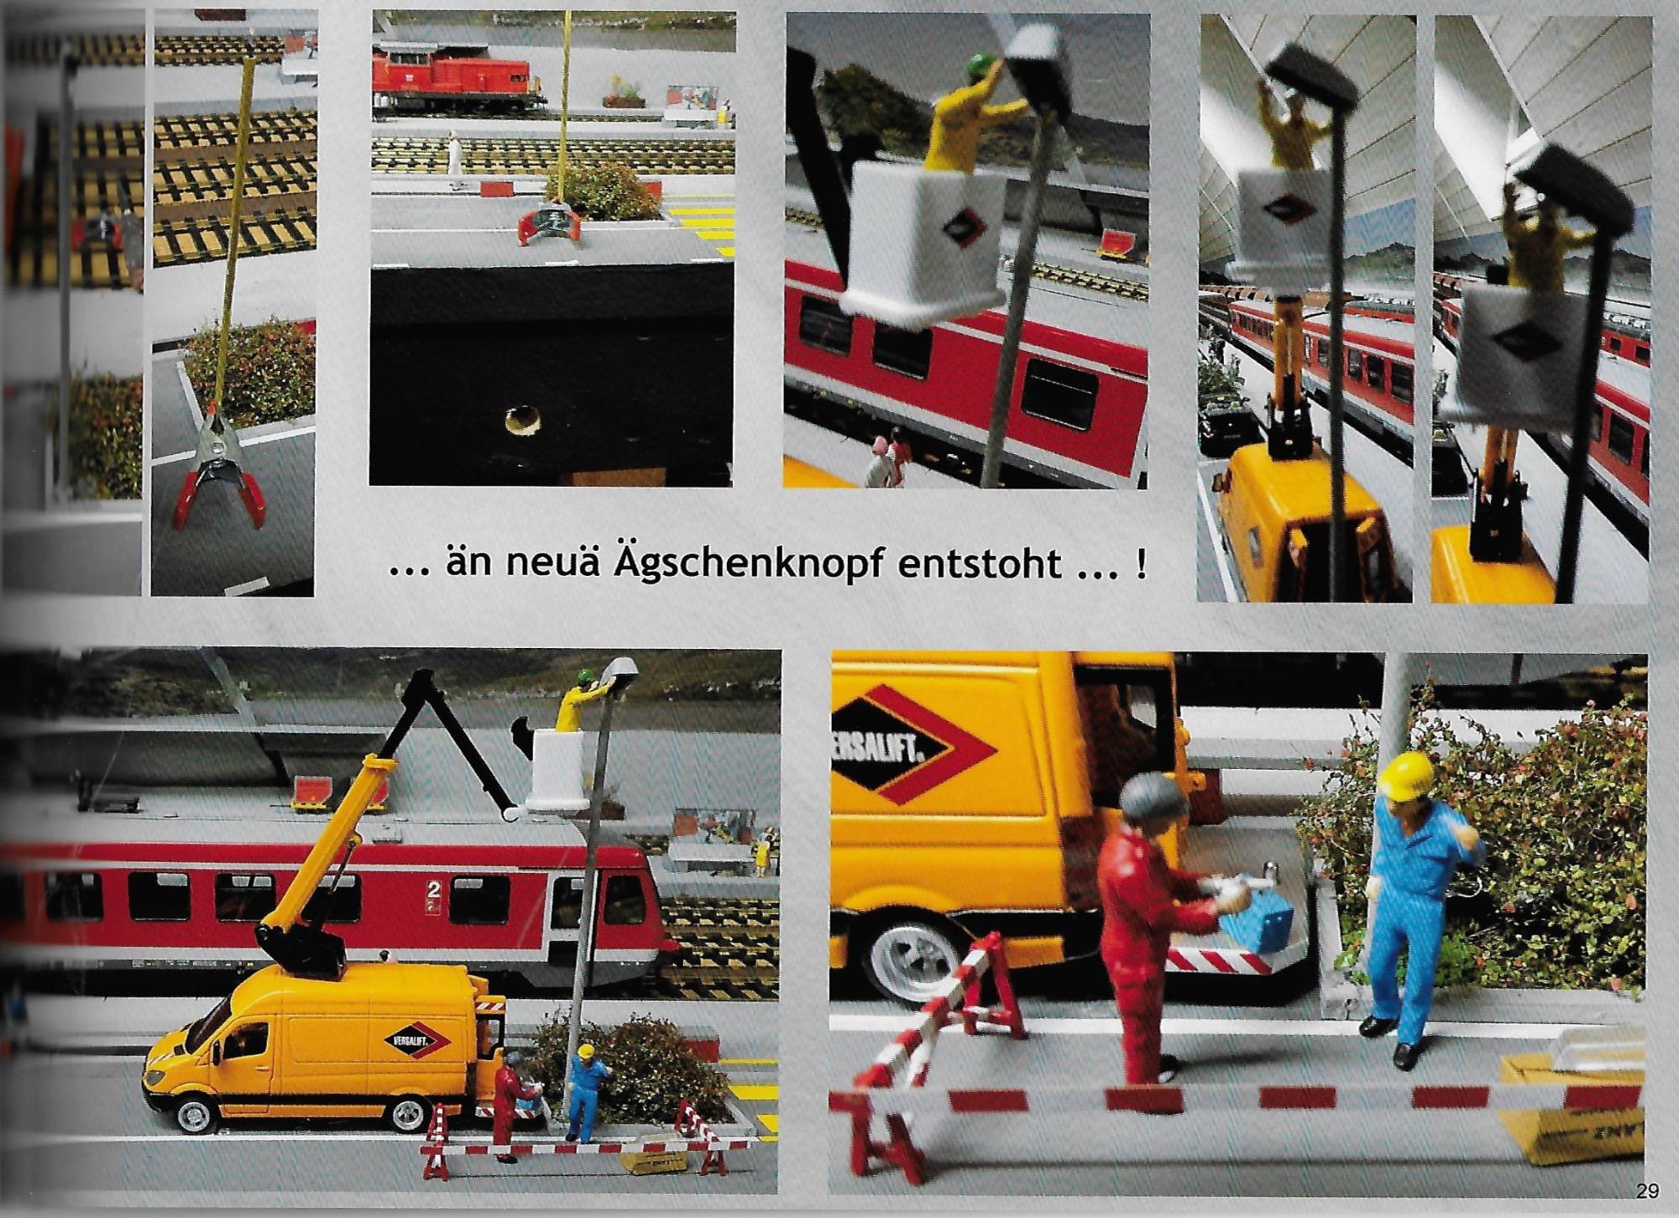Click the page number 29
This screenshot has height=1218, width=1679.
1646,1189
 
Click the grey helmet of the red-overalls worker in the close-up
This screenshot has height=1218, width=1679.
1152,804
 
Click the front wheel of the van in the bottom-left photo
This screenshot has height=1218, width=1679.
195,1114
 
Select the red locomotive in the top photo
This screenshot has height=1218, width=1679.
458,80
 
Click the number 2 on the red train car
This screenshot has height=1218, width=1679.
434,888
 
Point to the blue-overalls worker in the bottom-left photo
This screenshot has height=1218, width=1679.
588,1092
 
